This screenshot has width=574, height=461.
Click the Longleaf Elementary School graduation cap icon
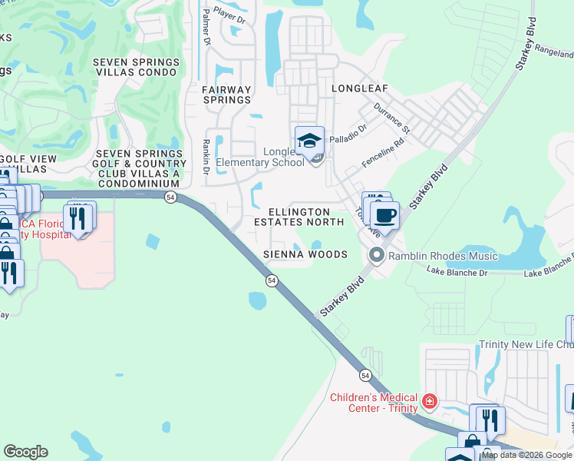tap(309, 141)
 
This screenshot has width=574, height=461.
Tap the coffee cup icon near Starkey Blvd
tap(384, 215)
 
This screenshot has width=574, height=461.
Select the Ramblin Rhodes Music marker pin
tap(377, 255)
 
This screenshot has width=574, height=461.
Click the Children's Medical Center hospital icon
tap(430, 401)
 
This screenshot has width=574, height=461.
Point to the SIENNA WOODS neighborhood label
tap(305, 254)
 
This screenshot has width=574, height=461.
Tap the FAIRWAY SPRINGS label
tap(226, 95)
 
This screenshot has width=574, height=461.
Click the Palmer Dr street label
tap(205, 26)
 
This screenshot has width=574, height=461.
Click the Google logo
tap(25, 452)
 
